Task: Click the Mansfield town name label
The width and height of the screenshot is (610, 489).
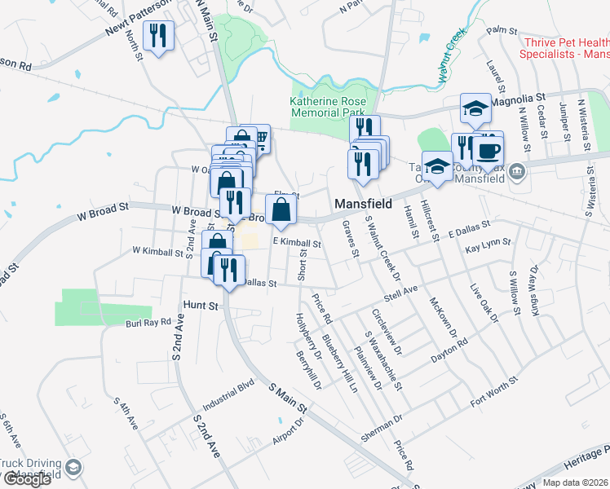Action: click(364, 203)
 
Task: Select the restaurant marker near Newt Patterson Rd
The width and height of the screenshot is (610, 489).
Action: click(157, 35)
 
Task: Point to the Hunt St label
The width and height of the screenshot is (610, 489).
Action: click(202, 306)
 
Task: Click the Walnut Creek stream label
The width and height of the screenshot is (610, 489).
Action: click(451, 57)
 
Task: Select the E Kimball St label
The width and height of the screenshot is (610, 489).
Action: click(298, 243)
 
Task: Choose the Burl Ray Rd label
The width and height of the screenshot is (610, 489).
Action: click(148, 323)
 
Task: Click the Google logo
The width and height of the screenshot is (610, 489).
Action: click(27, 479)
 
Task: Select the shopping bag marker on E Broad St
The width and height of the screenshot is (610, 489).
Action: click(281, 209)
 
